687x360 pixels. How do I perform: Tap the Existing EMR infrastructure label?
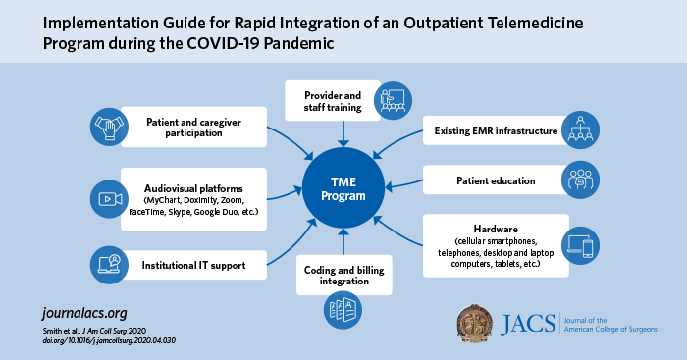(495, 129)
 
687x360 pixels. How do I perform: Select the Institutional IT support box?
(193, 264)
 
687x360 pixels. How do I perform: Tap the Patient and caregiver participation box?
(193, 128)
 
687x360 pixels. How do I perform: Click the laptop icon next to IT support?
(107, 264)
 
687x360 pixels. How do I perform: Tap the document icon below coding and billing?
(343, 310)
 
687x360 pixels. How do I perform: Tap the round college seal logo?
(484, 327)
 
